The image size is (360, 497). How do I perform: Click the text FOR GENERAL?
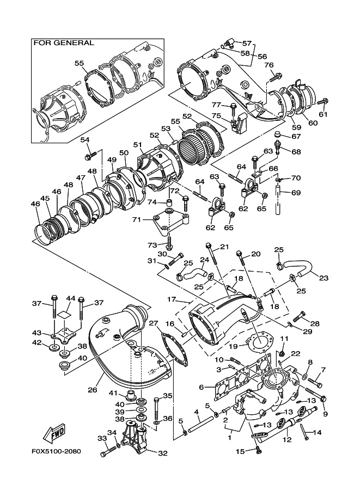click(x=64, y=42)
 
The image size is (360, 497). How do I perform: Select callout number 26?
click(x=93, y=390)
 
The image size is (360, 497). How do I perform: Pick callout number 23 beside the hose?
click(x=324, y=278)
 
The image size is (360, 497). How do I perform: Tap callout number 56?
click(x=262, y=56)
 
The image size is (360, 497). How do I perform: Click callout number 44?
click(x=70, y=298)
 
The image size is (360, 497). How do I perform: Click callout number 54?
click(x=85, y=140)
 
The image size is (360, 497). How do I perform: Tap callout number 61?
click(x=324, y=114)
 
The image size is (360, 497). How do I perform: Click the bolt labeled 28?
click(x=299, y=315)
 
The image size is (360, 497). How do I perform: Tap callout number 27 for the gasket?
click(x=154, y=324)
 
